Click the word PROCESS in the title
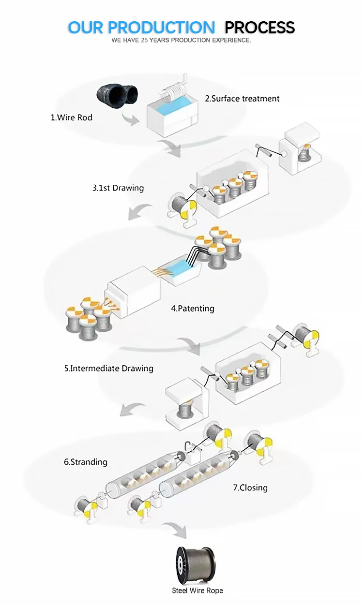click(x=259, y=27)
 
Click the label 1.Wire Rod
click(x=71, y=118)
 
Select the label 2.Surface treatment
click(x=242, y=99)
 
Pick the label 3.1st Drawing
click(x=118, y=188)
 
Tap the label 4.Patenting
click(x=192, y=308)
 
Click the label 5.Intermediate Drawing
click(x=108, y=369)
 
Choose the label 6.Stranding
click(x=85, y=462)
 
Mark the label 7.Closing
click(x=250, y=487)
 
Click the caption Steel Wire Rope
click(x=197, y=590)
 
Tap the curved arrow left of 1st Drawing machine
click(x=140, y=211)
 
